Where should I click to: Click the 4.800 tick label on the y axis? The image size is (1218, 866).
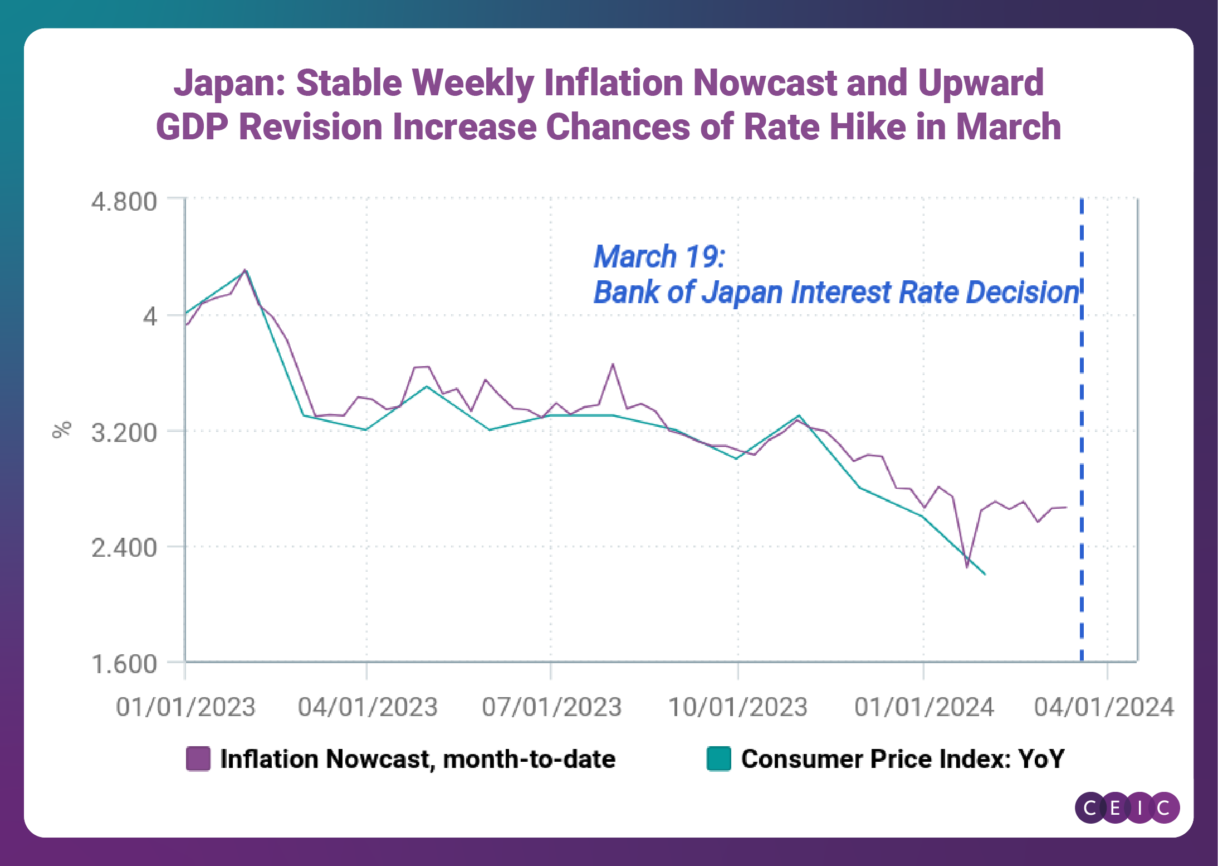tap(124, 202)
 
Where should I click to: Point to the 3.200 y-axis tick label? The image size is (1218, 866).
tap(124, 433)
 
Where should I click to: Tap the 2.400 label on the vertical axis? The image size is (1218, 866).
tap(124, 548)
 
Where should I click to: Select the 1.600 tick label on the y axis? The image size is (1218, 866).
tap(124, 664)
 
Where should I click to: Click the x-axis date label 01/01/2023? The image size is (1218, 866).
tap(185, 707)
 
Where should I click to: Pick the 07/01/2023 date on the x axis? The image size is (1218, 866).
tap(551, 707)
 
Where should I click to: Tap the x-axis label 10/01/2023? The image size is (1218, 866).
tap(737, 707)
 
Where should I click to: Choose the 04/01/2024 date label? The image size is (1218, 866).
tap(1104, 707)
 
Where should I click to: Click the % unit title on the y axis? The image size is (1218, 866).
tap(62, 430)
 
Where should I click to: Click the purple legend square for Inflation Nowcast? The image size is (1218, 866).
tap(198, 759)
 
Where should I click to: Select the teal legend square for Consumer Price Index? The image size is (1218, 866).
tap(718, 759)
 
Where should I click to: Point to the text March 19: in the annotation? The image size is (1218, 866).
tap(659, 257)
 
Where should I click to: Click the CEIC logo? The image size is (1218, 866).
tap(1127, 807)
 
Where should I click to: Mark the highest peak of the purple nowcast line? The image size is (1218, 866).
tap(245, 270)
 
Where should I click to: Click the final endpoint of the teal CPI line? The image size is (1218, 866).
tap(985, 574)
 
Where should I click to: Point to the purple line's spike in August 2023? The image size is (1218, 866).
tap(613, 364)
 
